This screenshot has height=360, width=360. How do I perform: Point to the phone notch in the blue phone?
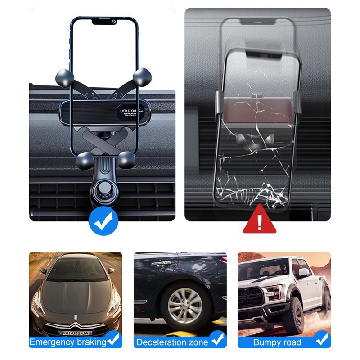[103, 21]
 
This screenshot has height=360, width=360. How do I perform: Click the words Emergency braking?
[67, 342]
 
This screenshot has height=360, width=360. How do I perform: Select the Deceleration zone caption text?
[172, 342]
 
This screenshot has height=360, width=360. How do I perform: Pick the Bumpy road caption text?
[277, 342]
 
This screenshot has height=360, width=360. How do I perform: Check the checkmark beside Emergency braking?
[114, 339]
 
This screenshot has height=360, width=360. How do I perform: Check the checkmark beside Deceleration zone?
[218, 339]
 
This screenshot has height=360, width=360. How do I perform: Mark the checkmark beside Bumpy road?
[322, 339]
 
